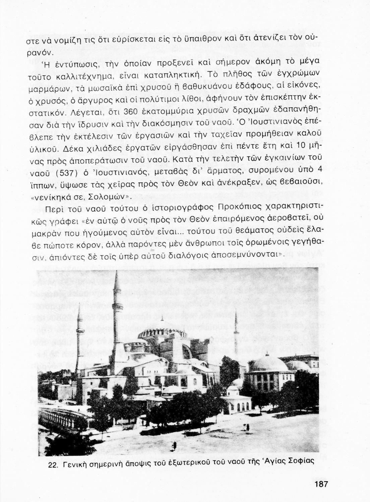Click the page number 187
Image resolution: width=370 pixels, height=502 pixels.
click(x=320, y=484)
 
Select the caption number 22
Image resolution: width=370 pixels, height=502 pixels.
click(x=54, y=463)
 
